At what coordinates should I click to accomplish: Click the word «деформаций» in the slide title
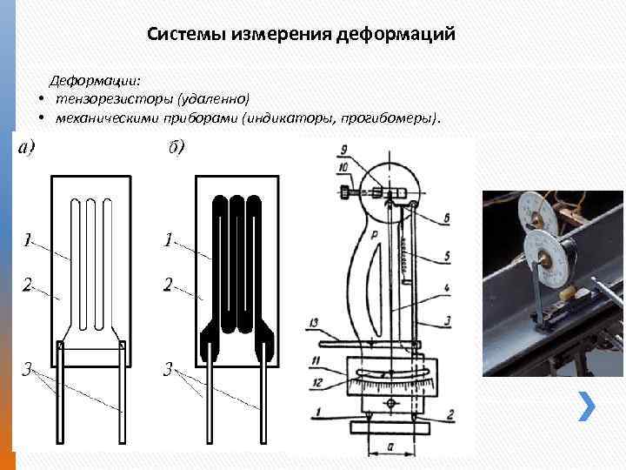(402, 35)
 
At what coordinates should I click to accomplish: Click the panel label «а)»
(26, 148)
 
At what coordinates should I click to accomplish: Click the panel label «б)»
(176, 148)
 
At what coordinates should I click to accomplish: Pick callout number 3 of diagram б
(169, 369)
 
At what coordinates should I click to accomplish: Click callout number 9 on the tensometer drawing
(344, 148)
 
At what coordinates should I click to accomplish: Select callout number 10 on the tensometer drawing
(344, 165)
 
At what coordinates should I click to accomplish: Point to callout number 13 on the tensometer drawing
(314, 322)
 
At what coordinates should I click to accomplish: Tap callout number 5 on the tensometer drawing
(446, 256)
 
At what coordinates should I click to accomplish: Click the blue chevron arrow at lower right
(588, 405)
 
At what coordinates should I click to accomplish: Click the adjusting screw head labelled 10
(348, 191)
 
